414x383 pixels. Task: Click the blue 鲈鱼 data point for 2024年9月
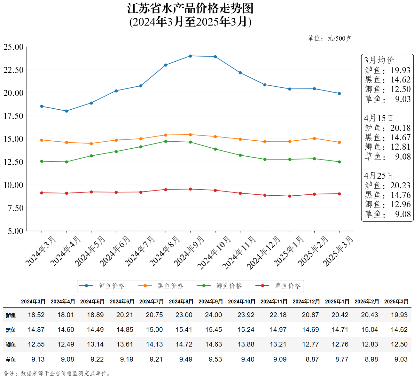coord(190,56)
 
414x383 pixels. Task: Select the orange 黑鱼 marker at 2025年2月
coord(314,138)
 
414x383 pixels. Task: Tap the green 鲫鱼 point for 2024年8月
coord(166,141)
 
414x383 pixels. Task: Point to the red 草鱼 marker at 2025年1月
coord(290,196)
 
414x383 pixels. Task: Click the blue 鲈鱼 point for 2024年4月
coord(66,111)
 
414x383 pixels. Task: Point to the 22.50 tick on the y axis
coord(13,70)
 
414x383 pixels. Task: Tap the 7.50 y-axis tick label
coord(15,208)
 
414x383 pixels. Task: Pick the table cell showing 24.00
coord(213,315)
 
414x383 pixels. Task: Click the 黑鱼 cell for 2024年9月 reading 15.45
coord(213,330)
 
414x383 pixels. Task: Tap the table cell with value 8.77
coord(342,359)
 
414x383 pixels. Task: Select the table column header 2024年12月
coord(306,301)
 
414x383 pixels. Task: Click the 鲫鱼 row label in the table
coord(11,345)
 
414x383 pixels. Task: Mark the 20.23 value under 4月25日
coord(400,185)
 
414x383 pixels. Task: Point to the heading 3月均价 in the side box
coord(379,60)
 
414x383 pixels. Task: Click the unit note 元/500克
coord(339,39)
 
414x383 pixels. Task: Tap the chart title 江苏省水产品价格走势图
coord(190,9)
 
